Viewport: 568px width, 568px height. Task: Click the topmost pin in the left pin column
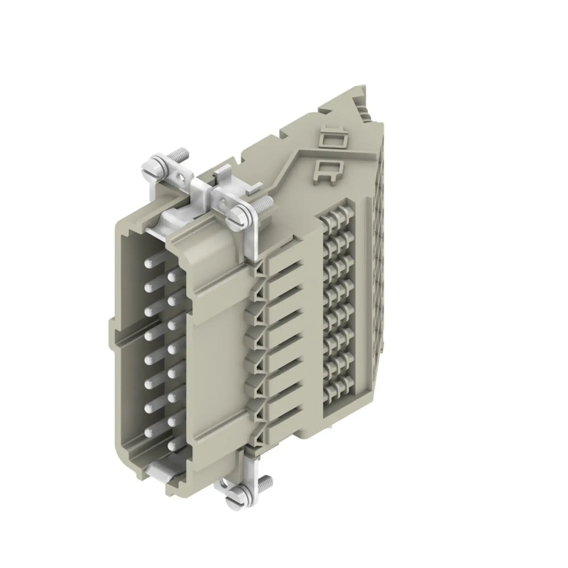click(x=148, y=264)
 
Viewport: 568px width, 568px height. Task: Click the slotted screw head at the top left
click(x=153, y=169)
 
